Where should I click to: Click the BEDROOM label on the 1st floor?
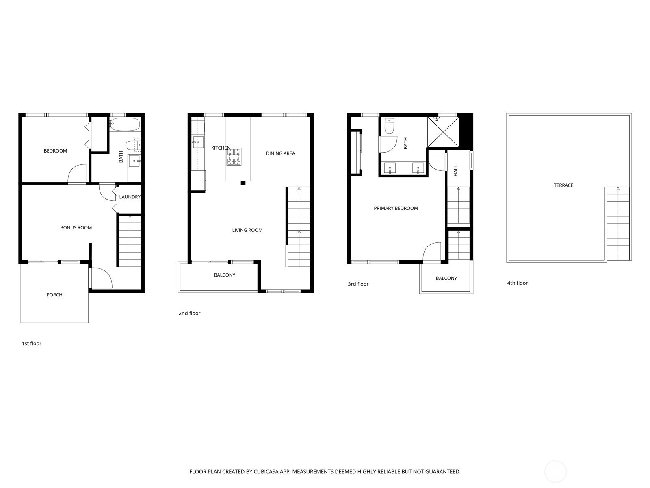click(x=55, y=151)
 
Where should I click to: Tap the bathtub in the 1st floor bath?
click(x=124, y=124)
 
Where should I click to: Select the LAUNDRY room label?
click(x=130, y=197)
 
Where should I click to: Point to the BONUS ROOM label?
click(x=76, y=228)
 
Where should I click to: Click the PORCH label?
click(x=54, y=295)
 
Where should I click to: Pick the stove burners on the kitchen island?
click(x=234, y=157)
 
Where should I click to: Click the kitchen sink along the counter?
click(x=198, y=142)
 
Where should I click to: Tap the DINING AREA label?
click(x=280, y=153)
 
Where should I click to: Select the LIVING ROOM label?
click(x=247, y=230)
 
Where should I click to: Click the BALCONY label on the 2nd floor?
click(x=225, y=275)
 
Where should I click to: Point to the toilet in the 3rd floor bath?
click(x=389, y=126)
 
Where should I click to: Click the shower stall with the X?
click(x=443, y=132)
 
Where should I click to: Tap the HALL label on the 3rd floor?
click(x=456, y=171)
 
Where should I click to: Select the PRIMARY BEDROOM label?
click(x=396, y=208)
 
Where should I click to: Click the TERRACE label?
click(x=563, y=185)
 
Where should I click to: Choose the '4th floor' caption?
click(x=517, y=283)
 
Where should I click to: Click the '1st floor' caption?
click(x=31, y=343)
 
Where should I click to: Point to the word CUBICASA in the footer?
click(x=266, y=471)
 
